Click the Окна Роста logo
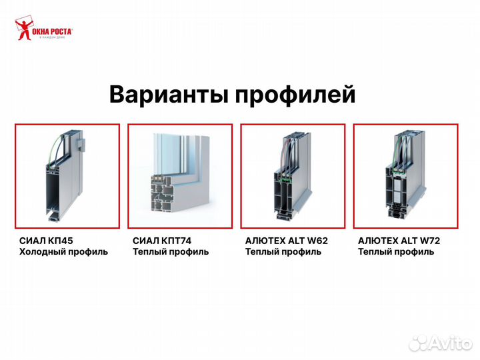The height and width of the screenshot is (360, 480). [43, 31]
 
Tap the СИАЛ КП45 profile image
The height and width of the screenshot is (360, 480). [67, 176]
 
